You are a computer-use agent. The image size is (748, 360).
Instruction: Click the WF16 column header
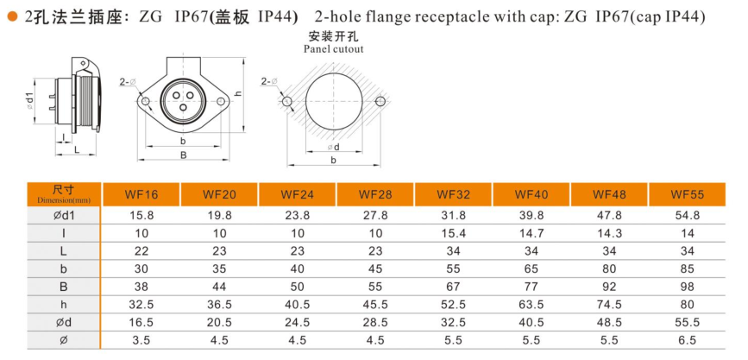tap(141, 194)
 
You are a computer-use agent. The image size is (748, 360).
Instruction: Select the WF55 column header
tap(688, 194)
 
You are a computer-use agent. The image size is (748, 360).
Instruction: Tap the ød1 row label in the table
tap(64, 215)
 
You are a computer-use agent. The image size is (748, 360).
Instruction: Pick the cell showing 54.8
tap(688, 215)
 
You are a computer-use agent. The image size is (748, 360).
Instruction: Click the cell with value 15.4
tap(453, 234)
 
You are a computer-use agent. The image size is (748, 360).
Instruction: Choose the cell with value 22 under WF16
tap(141, 252)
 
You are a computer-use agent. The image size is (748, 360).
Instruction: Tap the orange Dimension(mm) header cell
tap(64, 194)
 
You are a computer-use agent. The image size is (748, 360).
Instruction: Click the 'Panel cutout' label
tap(333, 49)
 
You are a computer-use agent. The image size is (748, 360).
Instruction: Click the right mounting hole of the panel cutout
tap(380, 101)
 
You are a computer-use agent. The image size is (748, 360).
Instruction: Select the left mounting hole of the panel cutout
tap(287, 101)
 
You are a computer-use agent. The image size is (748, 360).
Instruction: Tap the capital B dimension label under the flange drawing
tap(183, 156)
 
